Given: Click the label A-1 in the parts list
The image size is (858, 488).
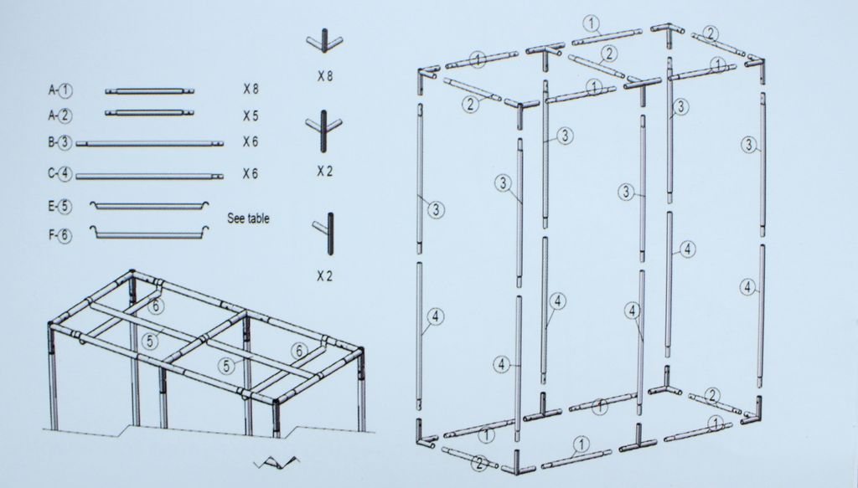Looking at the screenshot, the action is (x=60, y=90).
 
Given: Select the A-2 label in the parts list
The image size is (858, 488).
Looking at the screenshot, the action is (x=60, y=116).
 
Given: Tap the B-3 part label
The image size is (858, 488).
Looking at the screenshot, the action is (x=59, y=143).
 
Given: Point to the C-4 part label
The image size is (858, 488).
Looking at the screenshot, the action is (x=59, y=174).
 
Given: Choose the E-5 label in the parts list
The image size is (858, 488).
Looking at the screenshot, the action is (x=59, y=206).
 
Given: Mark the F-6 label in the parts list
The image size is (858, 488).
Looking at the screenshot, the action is (x=59, y=235).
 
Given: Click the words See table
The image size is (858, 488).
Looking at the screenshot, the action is (x=248, y=218).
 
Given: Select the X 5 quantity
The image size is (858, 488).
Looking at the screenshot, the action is (x=251, y=116).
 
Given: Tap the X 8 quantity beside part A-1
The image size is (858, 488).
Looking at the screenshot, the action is (x=251, y=89).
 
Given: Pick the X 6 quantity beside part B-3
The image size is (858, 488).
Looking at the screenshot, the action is (x=251, y=142).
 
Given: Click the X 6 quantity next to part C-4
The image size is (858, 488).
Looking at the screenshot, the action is (x=251, y=174).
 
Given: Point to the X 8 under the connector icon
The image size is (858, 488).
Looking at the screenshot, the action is (x=325, y=76).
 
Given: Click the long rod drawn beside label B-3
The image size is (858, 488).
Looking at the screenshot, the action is (x=149, y=144).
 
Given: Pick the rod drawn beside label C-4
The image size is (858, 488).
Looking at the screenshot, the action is (x=149, y=177).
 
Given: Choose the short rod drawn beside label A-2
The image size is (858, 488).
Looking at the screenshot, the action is (x=149, y=113).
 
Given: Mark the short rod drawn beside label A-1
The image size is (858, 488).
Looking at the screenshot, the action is (x=149, y=91).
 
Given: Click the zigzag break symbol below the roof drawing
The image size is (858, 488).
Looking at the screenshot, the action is (x=277, y=464).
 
